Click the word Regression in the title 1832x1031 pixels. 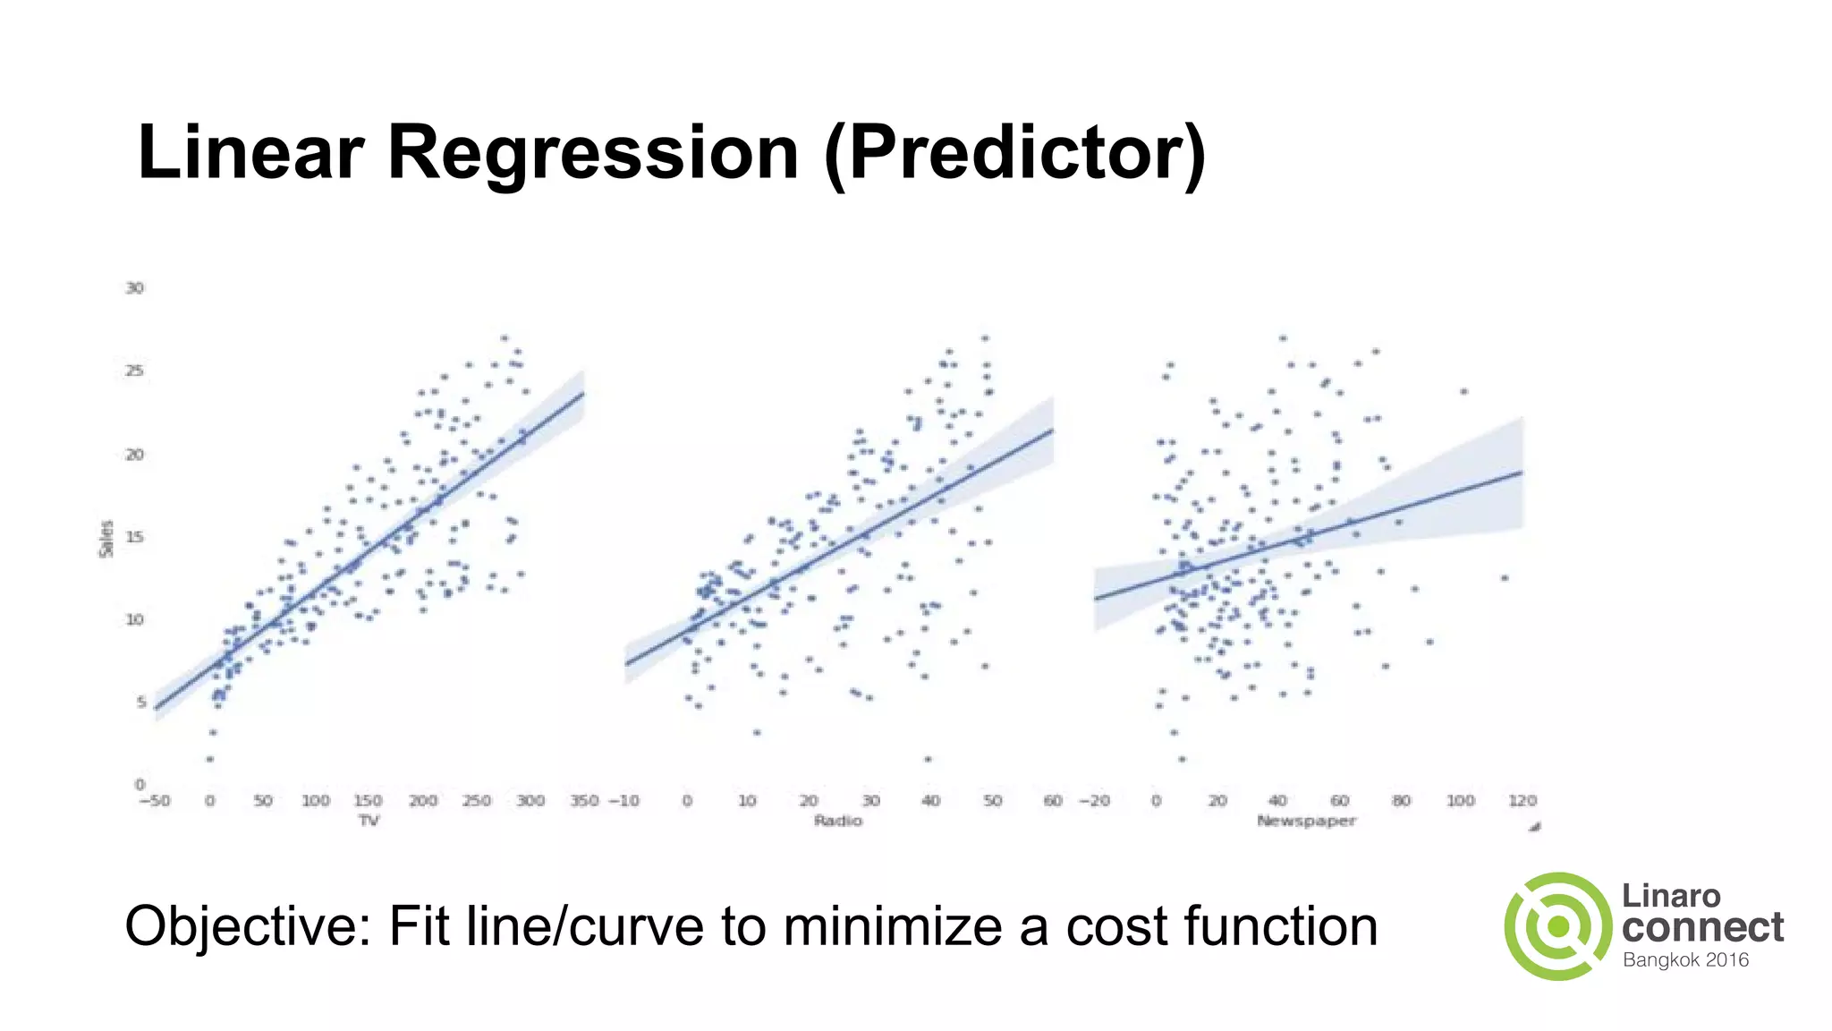[x=592, y=152]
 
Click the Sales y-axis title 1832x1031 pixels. [x=106, y=539]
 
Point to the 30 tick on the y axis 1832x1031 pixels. [x=134, y=288]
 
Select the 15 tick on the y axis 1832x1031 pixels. [x=134, y=537]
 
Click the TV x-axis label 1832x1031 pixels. [x=369, y=821]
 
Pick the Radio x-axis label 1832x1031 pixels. [x=838, y=821]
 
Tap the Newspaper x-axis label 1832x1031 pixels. [x=1306, y=821]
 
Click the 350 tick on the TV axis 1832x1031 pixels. [x=583, y=801]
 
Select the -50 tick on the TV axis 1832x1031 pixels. [x=154, y=801]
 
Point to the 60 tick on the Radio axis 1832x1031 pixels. [x=1053, y=801]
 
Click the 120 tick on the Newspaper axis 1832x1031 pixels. [x=1522, y=801]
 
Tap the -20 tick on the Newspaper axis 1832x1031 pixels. [x=1094, y=801]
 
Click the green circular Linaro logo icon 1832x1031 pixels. [x=1557, y=926]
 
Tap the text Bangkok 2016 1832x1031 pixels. [x=1685, y=960]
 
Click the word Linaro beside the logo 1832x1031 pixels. [x=1671, y=896]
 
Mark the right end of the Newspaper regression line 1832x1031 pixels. [x=1522, y=473]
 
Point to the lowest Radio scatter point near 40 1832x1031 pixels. [x=929, y=759]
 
